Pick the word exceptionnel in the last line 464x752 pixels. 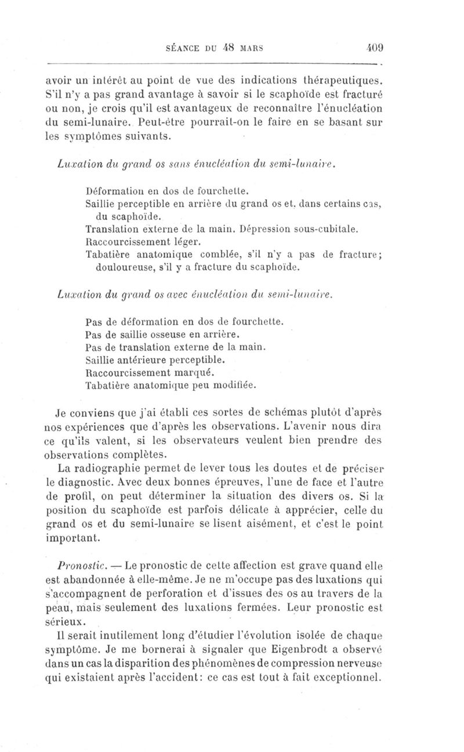349,678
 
